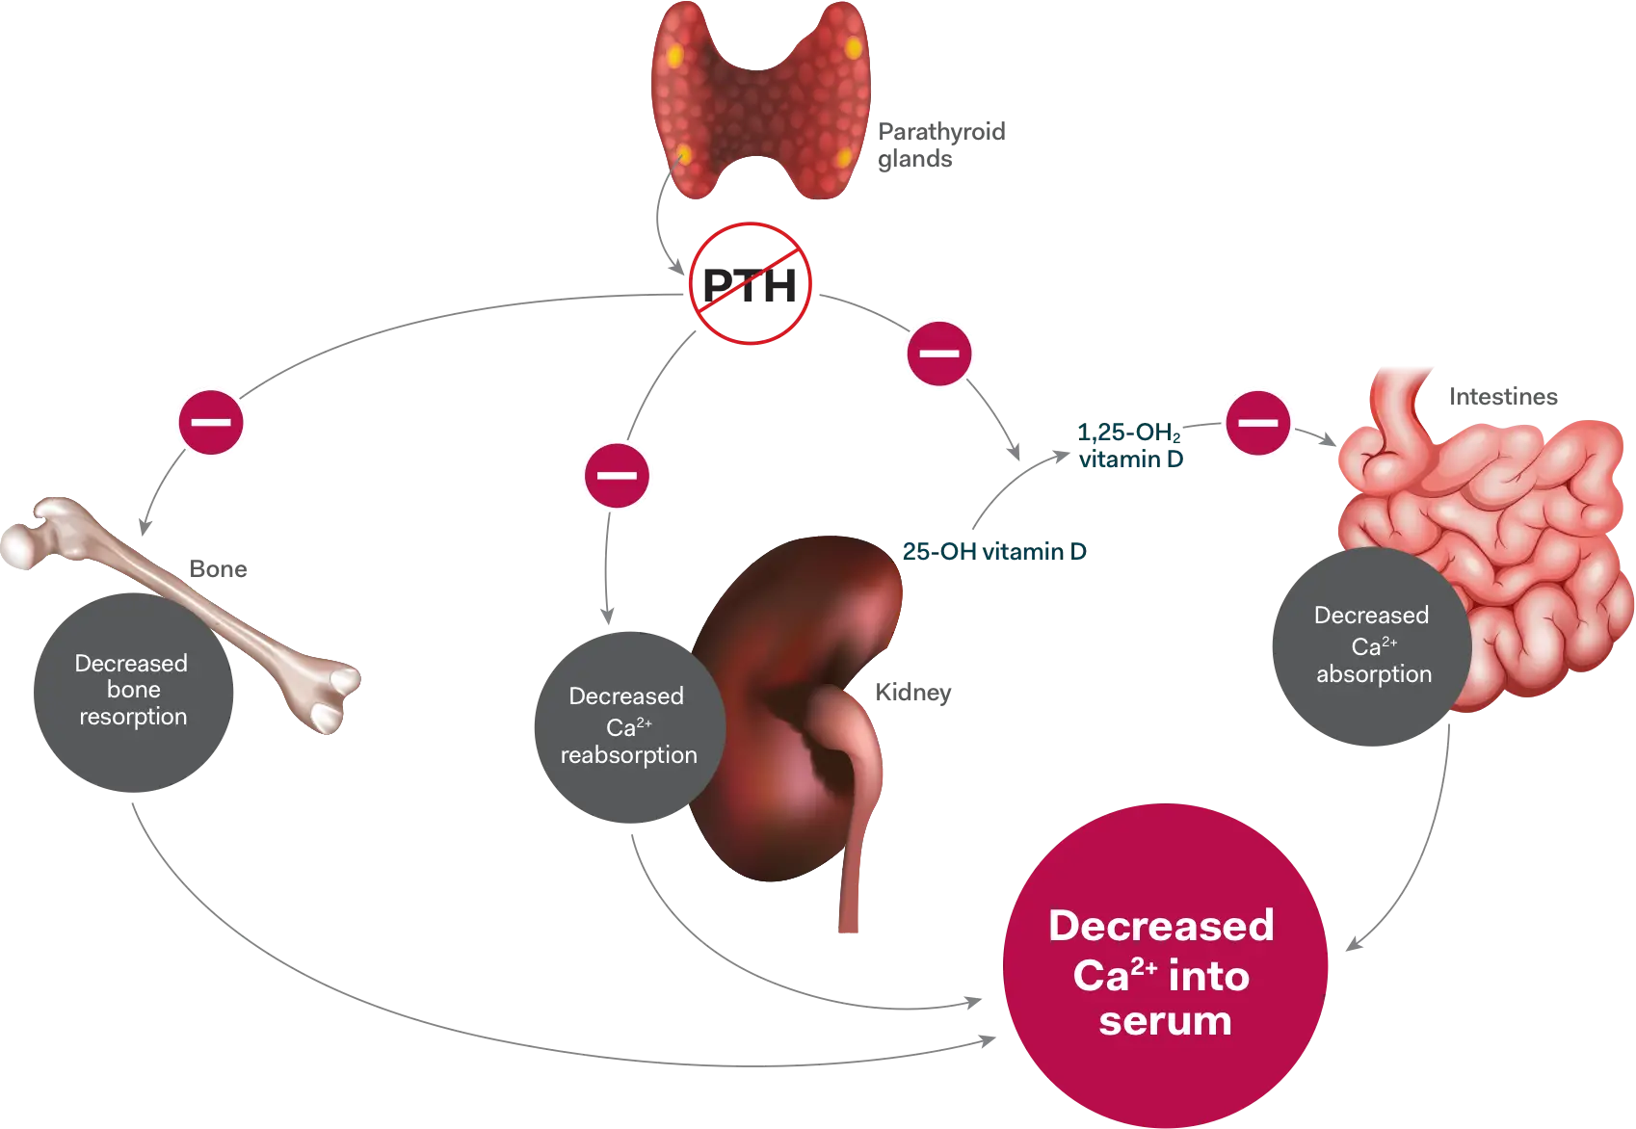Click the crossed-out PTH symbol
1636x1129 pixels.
coord(751,283)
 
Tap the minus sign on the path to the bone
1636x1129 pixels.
coord(212,422)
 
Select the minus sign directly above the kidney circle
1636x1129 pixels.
coord(617,476)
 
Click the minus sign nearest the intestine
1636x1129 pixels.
coord(1256,422)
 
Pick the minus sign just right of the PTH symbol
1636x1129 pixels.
coord(939,354)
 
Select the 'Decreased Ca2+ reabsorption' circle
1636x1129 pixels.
coord(628,724)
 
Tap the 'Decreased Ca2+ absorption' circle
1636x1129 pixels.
coord(1372,644)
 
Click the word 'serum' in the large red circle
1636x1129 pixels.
coord(1165,1021)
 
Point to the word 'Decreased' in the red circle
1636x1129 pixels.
coord(1161,926)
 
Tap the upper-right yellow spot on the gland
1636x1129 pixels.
coord(853,46)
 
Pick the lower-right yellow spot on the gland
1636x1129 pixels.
coord(843,157)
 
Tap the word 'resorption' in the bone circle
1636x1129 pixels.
coord(133,717)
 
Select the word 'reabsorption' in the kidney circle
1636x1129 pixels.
coord(628,755)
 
